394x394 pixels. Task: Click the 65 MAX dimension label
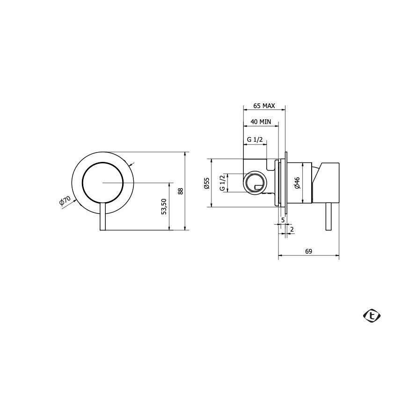coord(264,106)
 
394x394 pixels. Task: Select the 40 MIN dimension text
coord(261,122)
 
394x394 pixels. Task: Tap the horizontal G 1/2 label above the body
coord(255,139)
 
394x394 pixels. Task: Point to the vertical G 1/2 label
coord(222,182)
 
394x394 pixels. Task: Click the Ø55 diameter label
coord(206,183)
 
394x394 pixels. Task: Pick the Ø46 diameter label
coord(297,182)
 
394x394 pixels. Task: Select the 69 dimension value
coord(308,251)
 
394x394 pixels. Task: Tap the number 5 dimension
coord(283,220)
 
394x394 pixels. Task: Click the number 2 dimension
coord(292,229)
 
